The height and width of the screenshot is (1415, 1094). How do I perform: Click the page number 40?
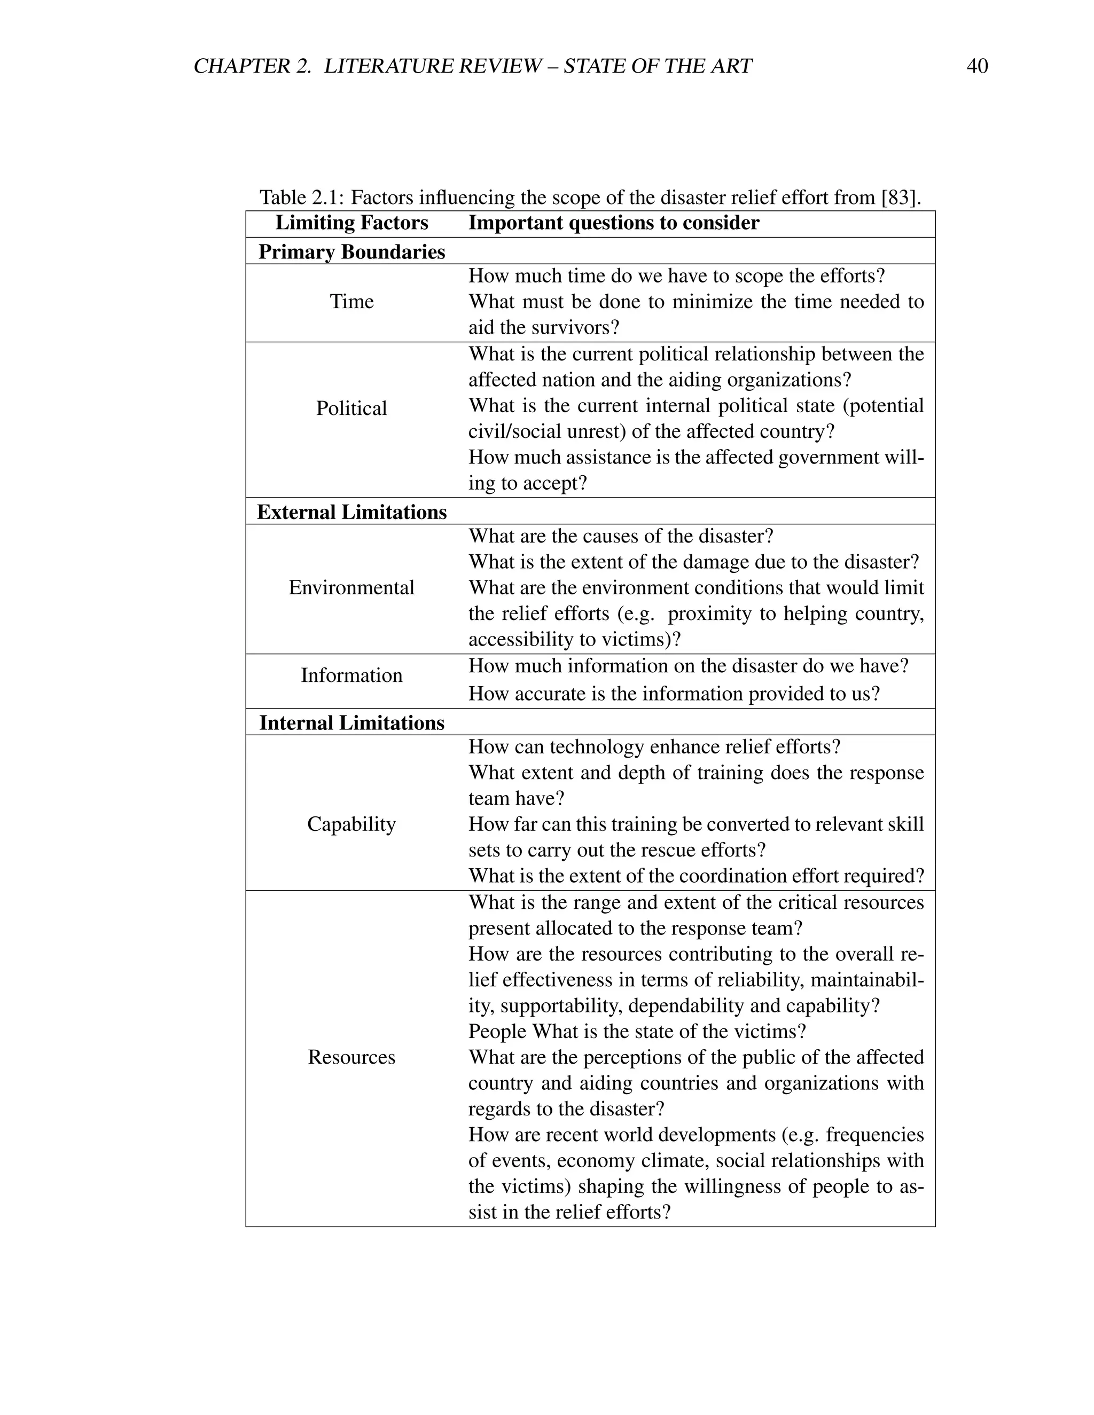pos(976,66)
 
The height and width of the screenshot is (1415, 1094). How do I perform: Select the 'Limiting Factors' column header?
pos(351,223)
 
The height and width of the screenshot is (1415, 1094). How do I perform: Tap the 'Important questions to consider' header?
pos(613,223)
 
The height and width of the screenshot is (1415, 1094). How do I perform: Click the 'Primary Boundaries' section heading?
pos(351,251)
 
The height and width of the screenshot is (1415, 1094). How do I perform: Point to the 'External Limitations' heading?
pos(351,512)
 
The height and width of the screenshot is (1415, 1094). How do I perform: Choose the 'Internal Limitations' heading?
pos(351,722)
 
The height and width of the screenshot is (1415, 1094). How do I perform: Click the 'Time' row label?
pos(351,301)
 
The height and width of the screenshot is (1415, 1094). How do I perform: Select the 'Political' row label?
pos(351,408)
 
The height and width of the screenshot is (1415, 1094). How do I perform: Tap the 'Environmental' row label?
pos(351,588)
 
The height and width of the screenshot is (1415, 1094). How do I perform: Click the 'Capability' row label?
pos(351,824)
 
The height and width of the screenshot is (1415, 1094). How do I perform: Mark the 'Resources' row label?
pos(351,1057)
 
